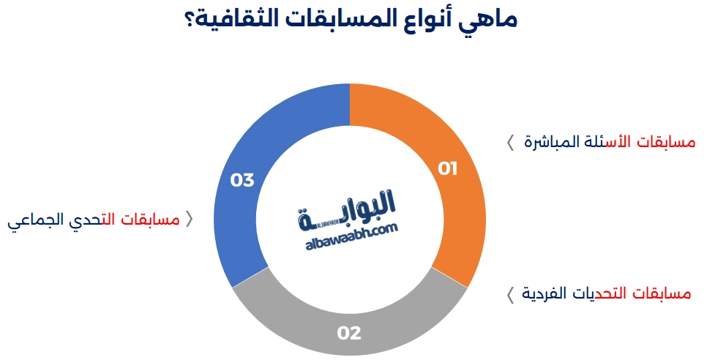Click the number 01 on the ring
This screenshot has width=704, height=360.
(x=448, y=169)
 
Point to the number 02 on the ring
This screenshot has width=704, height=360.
(x=349, y=333)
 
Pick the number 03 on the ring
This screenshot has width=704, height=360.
(x=242, y=180)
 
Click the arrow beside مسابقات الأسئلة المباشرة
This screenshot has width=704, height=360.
(x=510, y=143)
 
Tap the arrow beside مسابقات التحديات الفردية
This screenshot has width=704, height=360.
(x=510, y=295)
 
